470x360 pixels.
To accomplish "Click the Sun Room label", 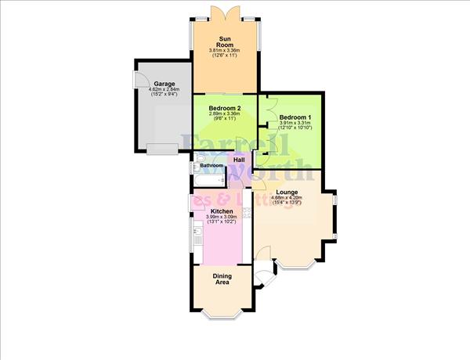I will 226,41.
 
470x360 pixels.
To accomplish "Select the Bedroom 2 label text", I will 226,108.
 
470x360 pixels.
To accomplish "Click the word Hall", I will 239,160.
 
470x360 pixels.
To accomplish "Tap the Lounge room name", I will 287,192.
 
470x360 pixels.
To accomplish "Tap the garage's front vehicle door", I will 162,148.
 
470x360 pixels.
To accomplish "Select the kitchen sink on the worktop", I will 195,230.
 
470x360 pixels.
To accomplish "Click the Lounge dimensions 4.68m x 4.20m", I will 287,198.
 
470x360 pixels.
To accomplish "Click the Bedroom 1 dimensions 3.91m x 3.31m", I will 293,122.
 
